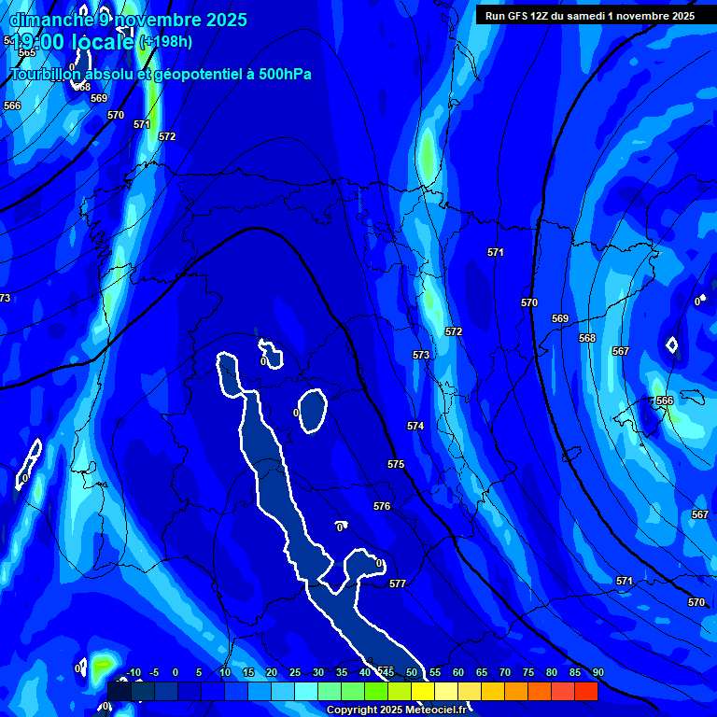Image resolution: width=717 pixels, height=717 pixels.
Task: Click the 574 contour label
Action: coord(415,426)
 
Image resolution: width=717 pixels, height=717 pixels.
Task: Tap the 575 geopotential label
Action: coord(396,464)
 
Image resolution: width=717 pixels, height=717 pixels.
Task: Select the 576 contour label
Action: coord(382,506)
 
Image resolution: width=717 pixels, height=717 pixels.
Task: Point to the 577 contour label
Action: coord(398,583)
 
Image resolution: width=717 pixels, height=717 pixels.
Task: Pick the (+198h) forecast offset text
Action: coord(165,42)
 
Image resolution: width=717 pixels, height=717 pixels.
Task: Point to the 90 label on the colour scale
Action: coord(597,673)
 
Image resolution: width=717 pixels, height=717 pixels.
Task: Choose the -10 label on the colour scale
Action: coord(133,673)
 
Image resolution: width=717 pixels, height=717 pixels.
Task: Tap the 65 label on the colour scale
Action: coord(481,673)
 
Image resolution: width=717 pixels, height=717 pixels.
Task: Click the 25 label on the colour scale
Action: coord(294,673)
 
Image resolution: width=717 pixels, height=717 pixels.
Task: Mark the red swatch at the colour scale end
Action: coord(586,691)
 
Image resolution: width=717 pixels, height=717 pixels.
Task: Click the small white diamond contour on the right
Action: coord(671,344)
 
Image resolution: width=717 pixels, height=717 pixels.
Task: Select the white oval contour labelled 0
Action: coord(312,412)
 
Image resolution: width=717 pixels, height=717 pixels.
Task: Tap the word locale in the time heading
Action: coord(102,42)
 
